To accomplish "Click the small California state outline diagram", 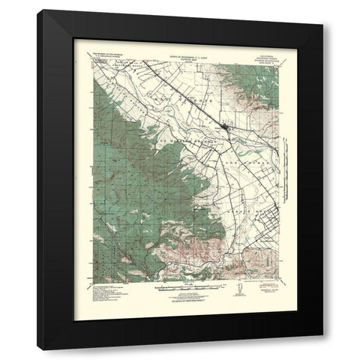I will click(x=238, y=289).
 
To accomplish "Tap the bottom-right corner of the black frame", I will click(x=322, y=349).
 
